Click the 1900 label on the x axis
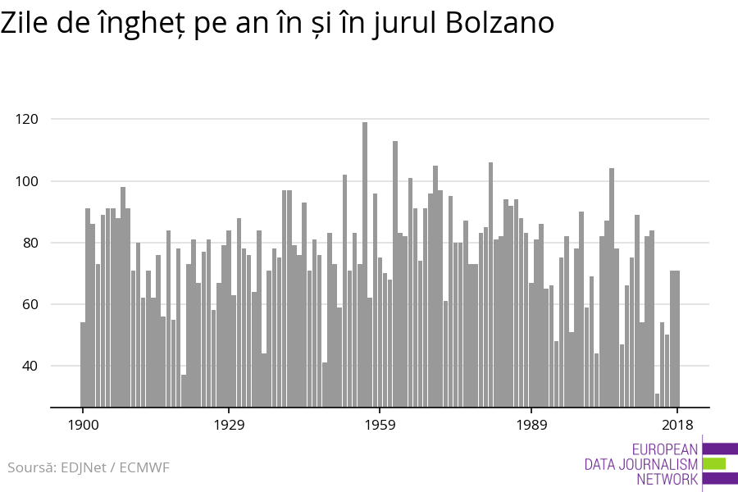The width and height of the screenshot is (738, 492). [83, 425]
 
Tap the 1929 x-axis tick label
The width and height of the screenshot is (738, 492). [229, 425]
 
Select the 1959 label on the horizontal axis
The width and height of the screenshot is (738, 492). [380, 425]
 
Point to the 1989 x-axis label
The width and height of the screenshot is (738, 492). [531, 425]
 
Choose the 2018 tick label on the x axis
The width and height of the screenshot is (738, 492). [677, 425]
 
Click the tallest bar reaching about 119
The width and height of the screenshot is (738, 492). [365, 262]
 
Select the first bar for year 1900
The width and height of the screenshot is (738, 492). [83, 364]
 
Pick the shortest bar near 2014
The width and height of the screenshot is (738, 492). [657, 400]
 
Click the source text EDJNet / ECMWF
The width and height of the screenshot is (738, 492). [89, 468]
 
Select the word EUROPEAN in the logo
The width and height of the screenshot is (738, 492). [664, 449]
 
